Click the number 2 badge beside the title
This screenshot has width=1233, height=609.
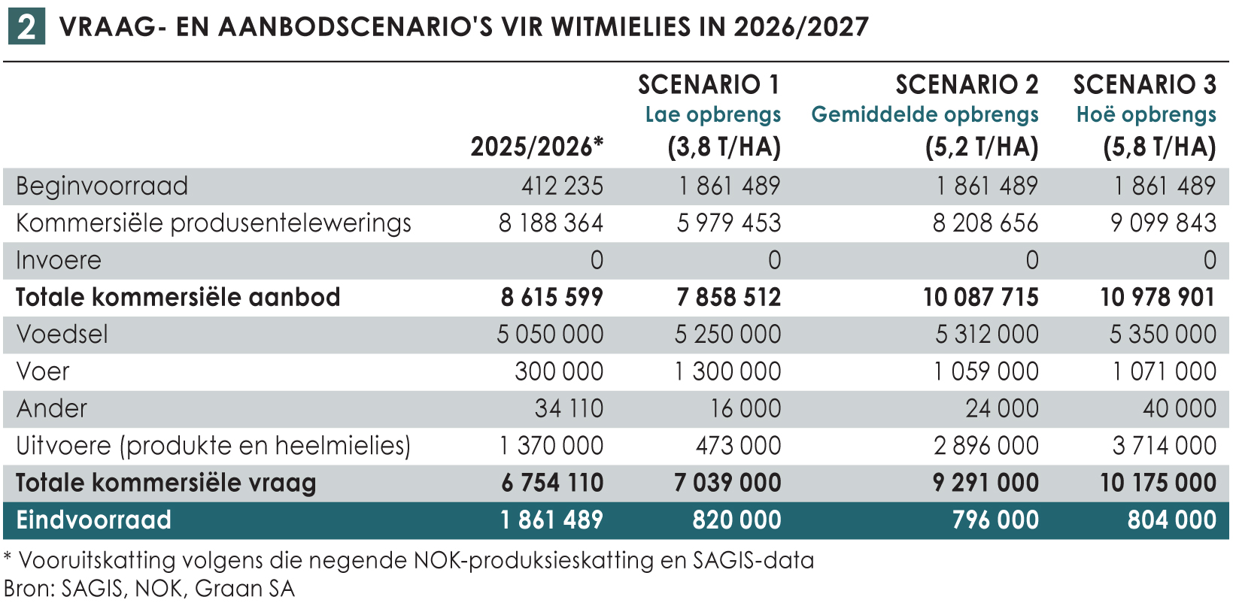pyautogui.click(x=26, y=27)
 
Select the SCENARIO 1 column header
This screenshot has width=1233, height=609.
pyautogui.click(x=709, y=85)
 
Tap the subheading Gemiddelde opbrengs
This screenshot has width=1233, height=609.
pyautogui.click(x=925, y=115)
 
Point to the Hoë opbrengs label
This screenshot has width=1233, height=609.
pyautogui.click(x=1146, y=115)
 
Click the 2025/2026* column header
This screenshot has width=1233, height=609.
pyautogui.click(x=536, y=147)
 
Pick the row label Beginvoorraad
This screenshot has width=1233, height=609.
pyautogui.click(x=102, y=186)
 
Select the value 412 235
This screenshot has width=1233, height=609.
pyautogui.click(x=562, y=186)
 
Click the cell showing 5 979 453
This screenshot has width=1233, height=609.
pyautogui.click(x=728, y=223)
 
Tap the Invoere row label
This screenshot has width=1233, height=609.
pyautogui.click(x=59, y=260)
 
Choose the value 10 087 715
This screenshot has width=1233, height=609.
pyautogui.click(x=980, y=298)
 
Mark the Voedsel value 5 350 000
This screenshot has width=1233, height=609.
pyautogui.click(x=1162, y=335)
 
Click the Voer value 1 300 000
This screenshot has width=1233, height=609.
pyautogui.click(x=727, y=371)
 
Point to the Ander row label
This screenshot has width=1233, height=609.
pyautogui.click(x=52, y=408)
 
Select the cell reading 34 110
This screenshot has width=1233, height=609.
pyautogui.click(x=569, y=408)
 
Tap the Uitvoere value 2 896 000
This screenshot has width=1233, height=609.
pyautogui.click(x=985, y=446)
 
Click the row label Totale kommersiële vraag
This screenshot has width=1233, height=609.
pyautogui.click(x=166, y=483)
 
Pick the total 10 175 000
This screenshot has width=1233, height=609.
pyautogui.click(x=1158, y=483)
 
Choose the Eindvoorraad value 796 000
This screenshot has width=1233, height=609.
pyautogui.click(x=995, y=520)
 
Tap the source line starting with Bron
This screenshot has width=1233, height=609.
pyautogui.click(x=149, y=589)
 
